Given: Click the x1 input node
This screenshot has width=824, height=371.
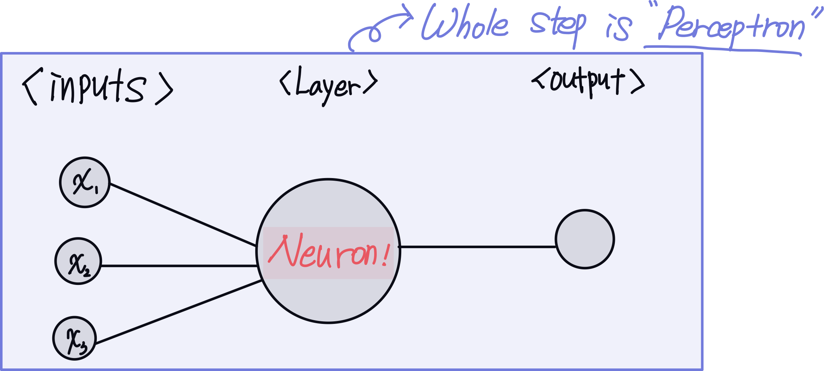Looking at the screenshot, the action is click(x=85, y=182).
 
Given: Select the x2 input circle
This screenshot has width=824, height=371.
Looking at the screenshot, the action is click(x=78, y=261).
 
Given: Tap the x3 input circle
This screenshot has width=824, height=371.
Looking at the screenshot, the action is click(x=75, y=338).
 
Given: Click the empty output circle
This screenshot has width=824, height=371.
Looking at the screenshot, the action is click(x=585, y=239).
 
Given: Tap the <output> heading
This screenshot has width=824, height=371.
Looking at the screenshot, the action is click(x=588, y=82).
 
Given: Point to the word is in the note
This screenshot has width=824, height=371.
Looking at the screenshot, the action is click(x=618, y=27).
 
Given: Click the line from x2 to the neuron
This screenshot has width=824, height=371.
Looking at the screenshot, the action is click(x=178, y=266).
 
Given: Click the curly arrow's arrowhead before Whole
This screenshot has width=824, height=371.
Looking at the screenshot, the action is click(x=408, y=17).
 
